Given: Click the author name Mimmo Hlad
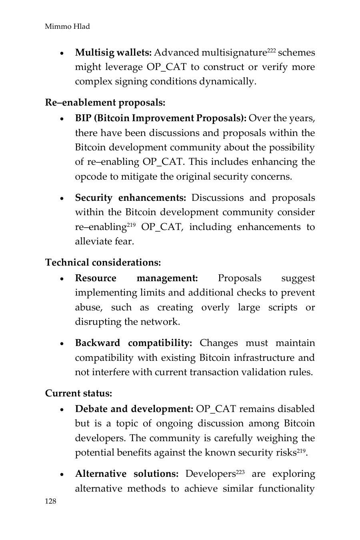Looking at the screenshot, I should tap(67, 27).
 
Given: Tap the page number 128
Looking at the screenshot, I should tap(51, 502).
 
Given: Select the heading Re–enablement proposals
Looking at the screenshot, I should tap(105, 103).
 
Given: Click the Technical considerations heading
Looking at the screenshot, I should tap(103, 263).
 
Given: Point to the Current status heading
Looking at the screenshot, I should tap(79, 394).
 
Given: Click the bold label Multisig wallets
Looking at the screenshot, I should tap(113, 53).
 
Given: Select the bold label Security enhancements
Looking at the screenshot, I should tap(131, 198).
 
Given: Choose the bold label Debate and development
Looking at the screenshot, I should tap(134, 409).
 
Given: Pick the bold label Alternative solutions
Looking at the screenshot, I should tap(127, 474).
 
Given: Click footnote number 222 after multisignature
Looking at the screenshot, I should tap(272, 50).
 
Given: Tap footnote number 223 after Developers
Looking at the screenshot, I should tap(240, 472).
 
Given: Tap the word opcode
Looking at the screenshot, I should tap(91, 177).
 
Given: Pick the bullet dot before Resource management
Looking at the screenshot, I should tap(62, 279).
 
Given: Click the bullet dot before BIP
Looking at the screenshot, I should tap(62, 119).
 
